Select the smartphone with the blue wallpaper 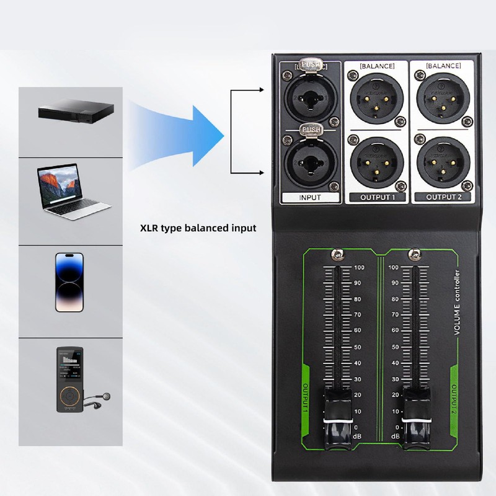click(x=69, y=281)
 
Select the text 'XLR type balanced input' click(x=198, y=228)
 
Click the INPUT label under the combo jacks click(x=310, y=198)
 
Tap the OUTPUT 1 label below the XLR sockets click(x=377, y=198)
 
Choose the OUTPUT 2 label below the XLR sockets click(x=444, y=198)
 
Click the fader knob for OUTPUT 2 click(x=415, y=415)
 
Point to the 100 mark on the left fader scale click(x=358, y=268)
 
